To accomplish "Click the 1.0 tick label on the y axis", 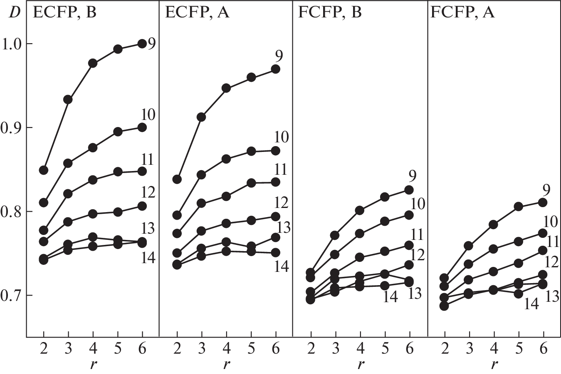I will (x=12, y=44).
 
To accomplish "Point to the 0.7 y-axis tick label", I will (x=12, y=296).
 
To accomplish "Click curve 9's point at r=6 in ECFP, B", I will (x=142, y=44).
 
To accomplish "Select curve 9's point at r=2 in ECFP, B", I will (x=44, y=170).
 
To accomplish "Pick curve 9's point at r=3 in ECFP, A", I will (x=201, y=117).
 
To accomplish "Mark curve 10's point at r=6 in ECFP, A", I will (x=275, y=150).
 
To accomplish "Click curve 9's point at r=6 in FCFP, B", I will (x=409, y=190).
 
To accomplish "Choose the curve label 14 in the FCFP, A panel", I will (x=531, y=304).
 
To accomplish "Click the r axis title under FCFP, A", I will (x=494, y=364).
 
